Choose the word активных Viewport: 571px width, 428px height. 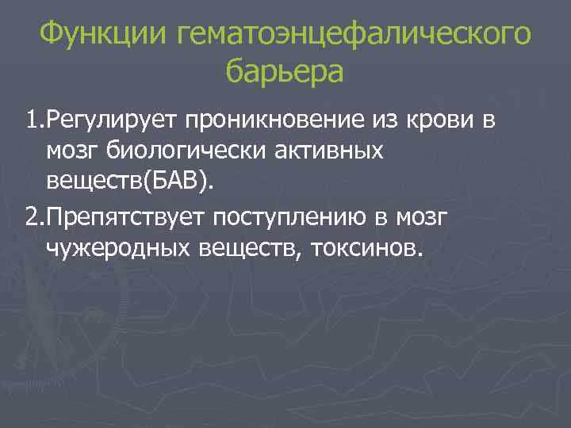pyautogui.click(x=333, y=151)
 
